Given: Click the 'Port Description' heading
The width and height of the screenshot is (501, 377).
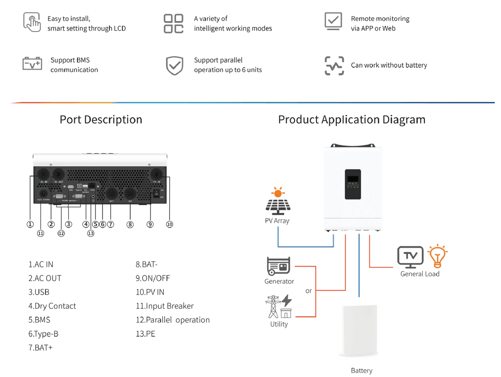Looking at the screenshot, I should click(101, 119).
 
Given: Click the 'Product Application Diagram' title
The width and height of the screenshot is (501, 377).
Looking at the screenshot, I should click(351, 119).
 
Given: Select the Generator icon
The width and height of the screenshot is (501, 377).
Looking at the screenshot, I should click(278, 266).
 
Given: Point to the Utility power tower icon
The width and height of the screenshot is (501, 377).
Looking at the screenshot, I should click(278, 307).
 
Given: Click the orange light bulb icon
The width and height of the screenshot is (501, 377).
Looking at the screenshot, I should click(437, 256).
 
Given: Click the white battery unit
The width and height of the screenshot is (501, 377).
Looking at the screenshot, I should click(358, 331).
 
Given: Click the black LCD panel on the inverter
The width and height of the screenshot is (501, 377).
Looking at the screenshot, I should click(353, 184).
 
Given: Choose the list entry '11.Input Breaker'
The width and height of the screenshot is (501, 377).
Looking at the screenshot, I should click(164, 306).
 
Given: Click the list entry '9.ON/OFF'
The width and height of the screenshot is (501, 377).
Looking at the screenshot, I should click(152, 278).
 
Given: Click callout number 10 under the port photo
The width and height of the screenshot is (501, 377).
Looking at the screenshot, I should click(169, 224).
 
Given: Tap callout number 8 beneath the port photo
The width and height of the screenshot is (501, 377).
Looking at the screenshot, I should click(130, 224).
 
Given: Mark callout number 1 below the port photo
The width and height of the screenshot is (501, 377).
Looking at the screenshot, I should click(30, 224).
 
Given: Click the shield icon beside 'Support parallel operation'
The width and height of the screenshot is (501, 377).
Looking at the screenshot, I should click(174, 65).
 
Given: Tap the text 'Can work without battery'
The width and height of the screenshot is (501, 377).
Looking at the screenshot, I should click(389, 65).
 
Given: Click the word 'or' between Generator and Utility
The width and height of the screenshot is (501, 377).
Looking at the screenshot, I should click(309, 291).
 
